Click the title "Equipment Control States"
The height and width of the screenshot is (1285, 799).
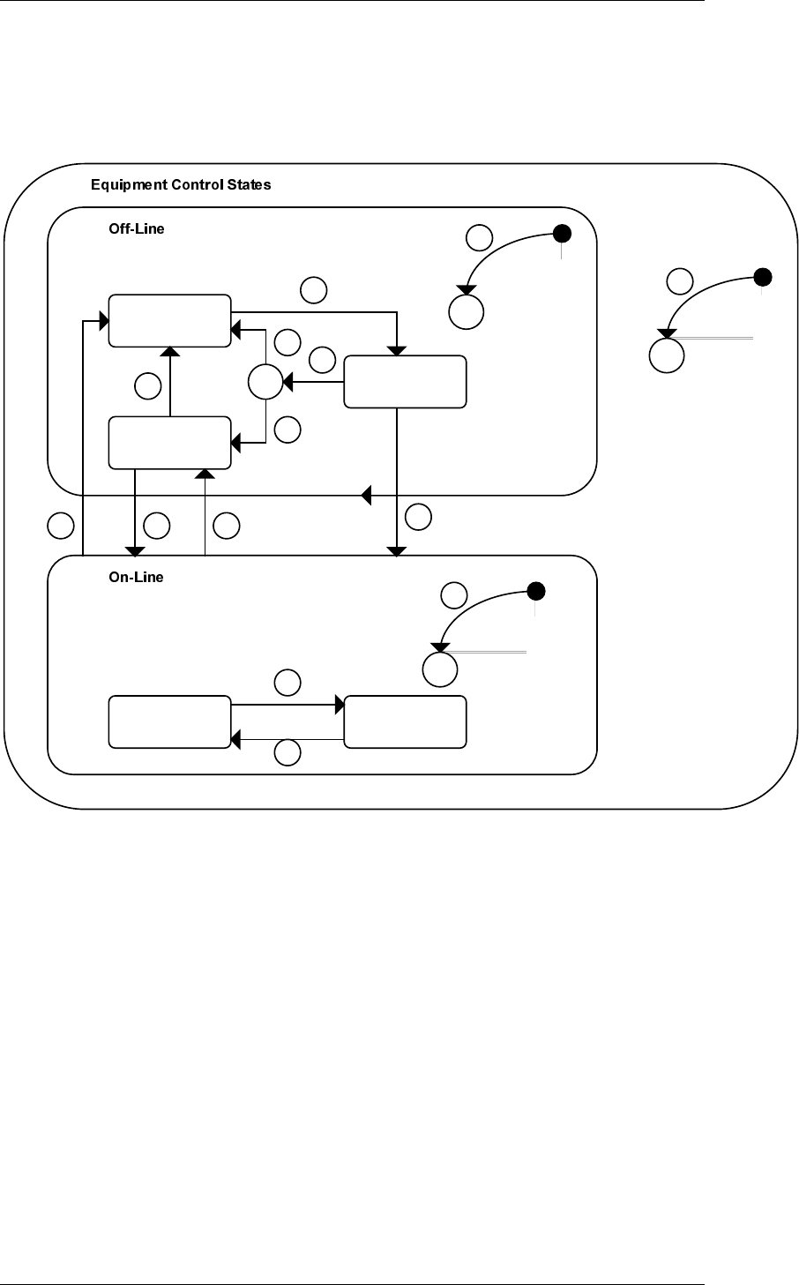[x=181, y=185]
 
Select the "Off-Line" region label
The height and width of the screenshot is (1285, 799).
[x=131, y=228]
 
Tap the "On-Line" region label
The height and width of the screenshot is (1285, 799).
[x=131, y=578]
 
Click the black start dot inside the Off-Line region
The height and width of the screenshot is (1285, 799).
[x=561, y=233]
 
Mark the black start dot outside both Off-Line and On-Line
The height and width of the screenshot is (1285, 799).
[x=763, y=277]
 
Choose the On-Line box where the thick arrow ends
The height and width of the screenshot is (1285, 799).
[x=405, y=721]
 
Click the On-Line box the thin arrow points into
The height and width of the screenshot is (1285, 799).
[x=169, y=721]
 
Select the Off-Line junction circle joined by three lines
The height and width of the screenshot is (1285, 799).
[x=265, y=383]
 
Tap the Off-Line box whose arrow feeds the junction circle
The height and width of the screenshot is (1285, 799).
[x=405, y=382]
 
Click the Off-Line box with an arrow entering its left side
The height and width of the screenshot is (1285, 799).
[x=169, y=320]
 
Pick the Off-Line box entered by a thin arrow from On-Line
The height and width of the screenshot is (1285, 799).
[x=169, y=444]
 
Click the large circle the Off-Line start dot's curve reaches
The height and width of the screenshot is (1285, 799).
[x=467, y=310]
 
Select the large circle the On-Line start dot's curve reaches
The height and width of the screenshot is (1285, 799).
[x=440, y=669]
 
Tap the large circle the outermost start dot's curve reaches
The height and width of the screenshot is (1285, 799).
[x=667, y=356]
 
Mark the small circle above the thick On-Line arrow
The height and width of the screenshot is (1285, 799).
[x=287, y=682]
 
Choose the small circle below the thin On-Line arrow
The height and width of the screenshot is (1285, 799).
[x=287, y=752]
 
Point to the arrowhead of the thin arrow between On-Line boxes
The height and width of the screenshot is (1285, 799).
[x=236, y=738]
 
